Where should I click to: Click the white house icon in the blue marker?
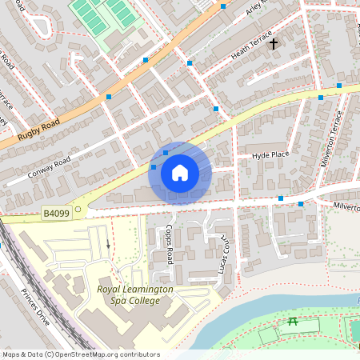click(180, 173)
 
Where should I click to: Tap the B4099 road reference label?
click(56, 213)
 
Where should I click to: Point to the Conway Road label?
click(50, 165)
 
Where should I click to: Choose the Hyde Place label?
click(270, 155)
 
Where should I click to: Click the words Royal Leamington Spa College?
click(128, 295)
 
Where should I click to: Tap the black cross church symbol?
click(274, 42)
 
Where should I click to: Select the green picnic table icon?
click(292, 322)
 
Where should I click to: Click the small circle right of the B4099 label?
click(78, 210)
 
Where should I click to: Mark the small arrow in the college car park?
click(108, 243)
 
